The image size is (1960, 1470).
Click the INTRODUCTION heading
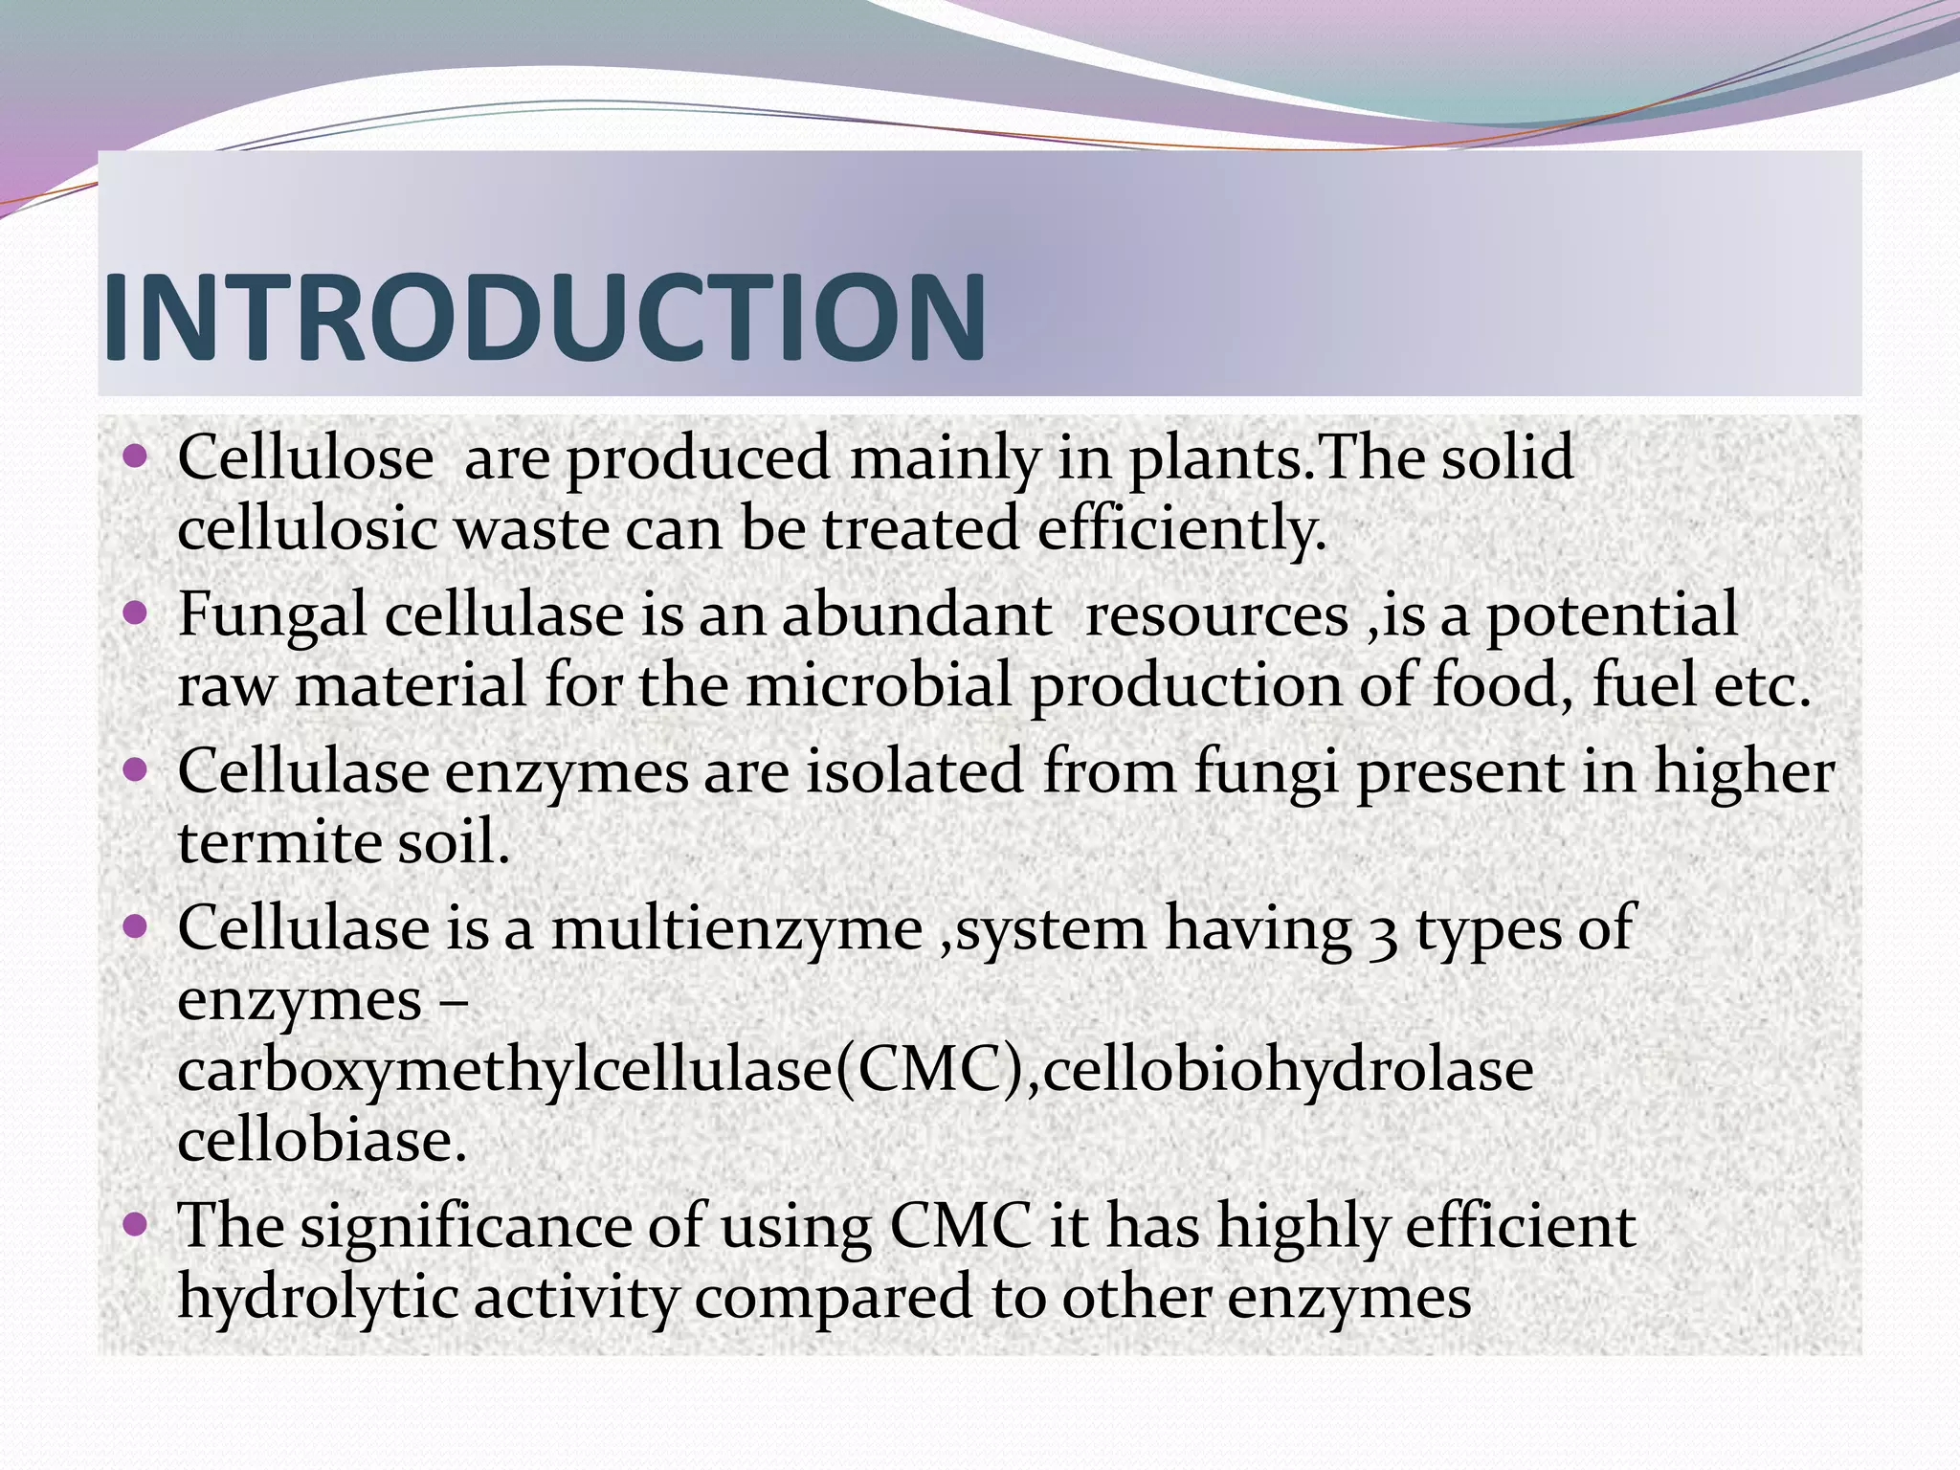point(544,318)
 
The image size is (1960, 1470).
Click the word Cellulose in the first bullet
point(305,457)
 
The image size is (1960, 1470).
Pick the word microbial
point(879,685)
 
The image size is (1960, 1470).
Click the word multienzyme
point(737,928)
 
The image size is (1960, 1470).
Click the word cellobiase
point(321,1140)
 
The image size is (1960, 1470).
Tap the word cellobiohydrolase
point(1287,1070)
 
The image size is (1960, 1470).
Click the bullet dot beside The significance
point(136,1222)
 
